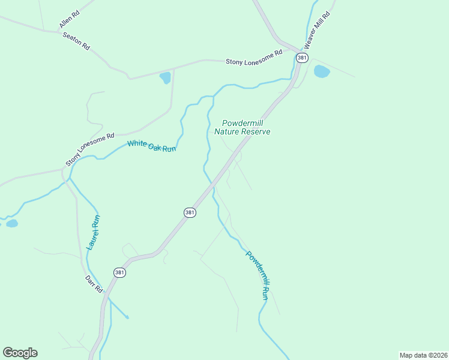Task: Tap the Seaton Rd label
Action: pyautogui.click(x=76, y=40)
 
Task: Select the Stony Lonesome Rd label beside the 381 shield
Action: pyautogui.click(x=253, y=58)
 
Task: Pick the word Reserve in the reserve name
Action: pyautogui.click(x=256, y=131)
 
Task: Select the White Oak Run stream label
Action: pyautogui.click(x=151, y=145)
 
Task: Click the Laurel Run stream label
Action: pyautogui.click(x=93, y=233)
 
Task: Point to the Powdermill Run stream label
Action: pyautogui.click(x=257, y=275)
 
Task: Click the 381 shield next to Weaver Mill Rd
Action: pyautogui.click(x=302, y=58)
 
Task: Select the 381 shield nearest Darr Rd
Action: pyautogui.click(x=120, y=272)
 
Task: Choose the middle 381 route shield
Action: pyautogui.click(x=190, y=213)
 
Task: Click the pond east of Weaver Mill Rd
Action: pyautogui.click(x=322, y=72)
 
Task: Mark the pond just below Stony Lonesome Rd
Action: pyautogui.click(x=164, y=78)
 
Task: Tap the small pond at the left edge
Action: pyautogui.click(x=11, y=224)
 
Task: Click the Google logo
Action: pyautogui.click(x=20, y=353)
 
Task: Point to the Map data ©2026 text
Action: pyautogui.click(x=423, y=355)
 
